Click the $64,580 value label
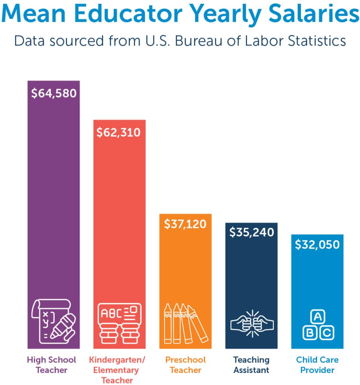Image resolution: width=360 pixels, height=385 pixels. [x=53, y=93]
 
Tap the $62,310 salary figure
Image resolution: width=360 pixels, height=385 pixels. [x=118, y=132]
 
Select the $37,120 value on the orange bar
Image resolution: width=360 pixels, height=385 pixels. [x=185, y=224]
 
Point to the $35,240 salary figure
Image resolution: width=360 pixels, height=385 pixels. [x=251, y=232]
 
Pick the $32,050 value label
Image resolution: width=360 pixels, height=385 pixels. [x=317, y=245]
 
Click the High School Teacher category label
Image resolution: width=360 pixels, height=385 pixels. [x=52, y=365]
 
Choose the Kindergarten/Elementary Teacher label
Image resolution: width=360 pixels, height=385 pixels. [x=117, y=370]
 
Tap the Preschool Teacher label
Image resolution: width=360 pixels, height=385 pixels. [x=186, y=365]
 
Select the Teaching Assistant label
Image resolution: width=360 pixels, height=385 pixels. [x=251, y=365]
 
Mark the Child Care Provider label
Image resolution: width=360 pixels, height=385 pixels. [x=317, y=365]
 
